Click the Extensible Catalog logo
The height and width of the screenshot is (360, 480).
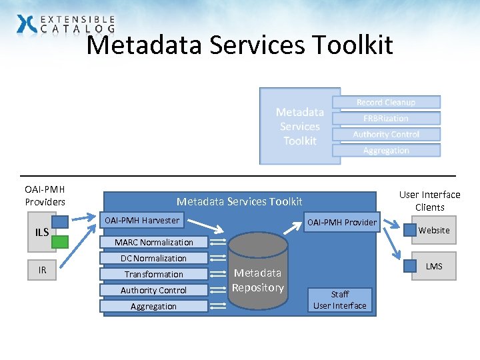tap(65, 24)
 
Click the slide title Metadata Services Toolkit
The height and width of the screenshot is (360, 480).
tap(240, 45)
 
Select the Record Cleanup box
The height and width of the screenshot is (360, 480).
tap(386, 102)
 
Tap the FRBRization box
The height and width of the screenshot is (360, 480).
tap(386, 118)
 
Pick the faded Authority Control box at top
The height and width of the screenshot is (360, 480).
tap(386, 134)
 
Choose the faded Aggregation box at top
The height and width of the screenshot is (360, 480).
tap(386, 150)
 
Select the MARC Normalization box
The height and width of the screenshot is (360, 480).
tap(154, 242)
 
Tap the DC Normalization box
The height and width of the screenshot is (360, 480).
tap(154, 258)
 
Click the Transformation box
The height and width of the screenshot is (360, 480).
tap(154, 274)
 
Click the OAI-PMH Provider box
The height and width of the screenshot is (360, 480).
tap(341, 222)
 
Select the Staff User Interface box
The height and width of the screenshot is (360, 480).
tap(340, 300)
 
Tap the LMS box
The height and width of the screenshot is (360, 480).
tap(433, 266)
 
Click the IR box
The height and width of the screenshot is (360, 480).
tap(42, 270)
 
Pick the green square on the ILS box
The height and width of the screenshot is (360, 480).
tap(60, 241)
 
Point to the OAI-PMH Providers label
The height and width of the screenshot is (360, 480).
tap(45, 196)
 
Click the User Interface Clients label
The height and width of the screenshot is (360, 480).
tap(429, 201)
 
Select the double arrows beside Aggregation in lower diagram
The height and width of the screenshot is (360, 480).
tap(217, 306)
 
